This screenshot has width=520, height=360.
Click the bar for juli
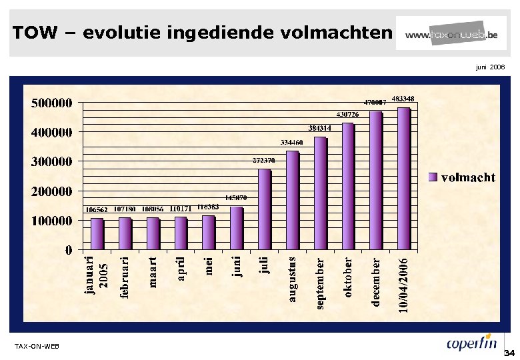click(264, 209)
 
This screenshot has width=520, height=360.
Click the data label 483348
click(403, 99)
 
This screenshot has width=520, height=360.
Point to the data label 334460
click(292, 142)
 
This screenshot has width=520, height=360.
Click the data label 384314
click(320, 127)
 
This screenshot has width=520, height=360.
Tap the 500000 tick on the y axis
click(51, 103)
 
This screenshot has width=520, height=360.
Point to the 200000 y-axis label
click(51, 191)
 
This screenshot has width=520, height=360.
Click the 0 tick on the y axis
click(68, 250)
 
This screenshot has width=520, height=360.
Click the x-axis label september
click(320, 283)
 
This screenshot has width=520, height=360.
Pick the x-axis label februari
click(125, 277)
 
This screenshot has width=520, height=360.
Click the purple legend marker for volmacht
click(432, 177)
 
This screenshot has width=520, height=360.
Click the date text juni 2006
click(490, 67)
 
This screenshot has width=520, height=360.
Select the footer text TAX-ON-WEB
click(37, 346)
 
